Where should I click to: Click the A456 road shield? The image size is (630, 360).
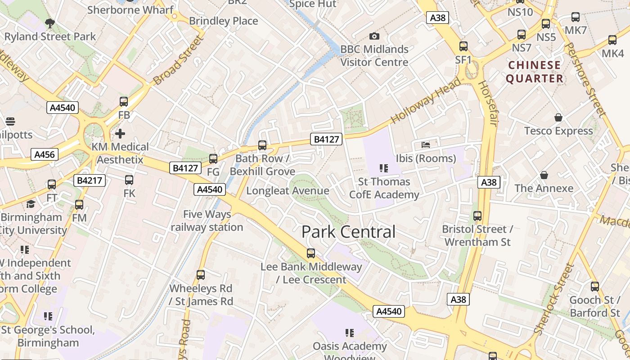pyautogui.click(x=45, y=155)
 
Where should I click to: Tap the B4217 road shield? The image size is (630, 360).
pyautogui.click(x=90, y=180)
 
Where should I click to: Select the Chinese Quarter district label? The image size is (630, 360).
pyautogui.click(x=535, y=72)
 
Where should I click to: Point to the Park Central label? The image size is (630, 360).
pyautogui.click(x=348, y=232)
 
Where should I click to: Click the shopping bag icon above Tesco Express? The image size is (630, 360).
pyautogui.click(x=558, y=117)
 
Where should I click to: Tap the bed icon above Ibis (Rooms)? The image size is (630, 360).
pyautogui.click(x=426, y=144)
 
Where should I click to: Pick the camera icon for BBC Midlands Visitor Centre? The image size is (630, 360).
pyautogui.click(x=374, y=36)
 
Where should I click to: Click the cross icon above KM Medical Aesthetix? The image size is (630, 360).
pyautogui.click(x=120, y=134)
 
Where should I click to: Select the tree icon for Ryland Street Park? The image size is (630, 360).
pyautogui.click(x=50, y=23)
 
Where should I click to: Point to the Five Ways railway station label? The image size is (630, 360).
pyautogui.click(x=207, y=220)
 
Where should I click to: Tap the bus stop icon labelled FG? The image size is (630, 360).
pyautogui.click(x=213, y=158)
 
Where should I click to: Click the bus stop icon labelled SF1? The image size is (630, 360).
pyautogui.click(x=463, y=46)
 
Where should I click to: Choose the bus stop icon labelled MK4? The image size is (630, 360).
pyautogui.click(x=612, y=40)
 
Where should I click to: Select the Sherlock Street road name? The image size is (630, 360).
pyautogui.click(x=554, y=299)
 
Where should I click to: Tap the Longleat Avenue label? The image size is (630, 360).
pyautogui.click(x=288, y=191)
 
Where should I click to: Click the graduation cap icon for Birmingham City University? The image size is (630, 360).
pyautogui.click(x=31, y=204)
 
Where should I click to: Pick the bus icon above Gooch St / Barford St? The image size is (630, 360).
pyautogui.click(x=595, y=286)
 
